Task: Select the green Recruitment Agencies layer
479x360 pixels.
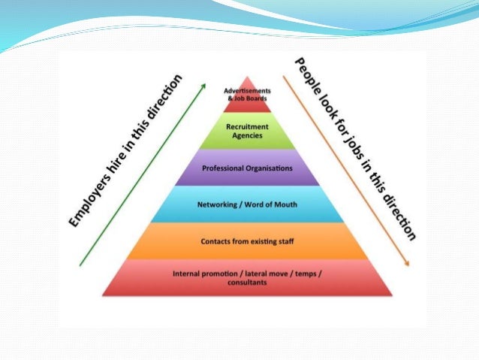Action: pyautogui.click(x=247, y=131)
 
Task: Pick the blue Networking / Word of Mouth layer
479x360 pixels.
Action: pyautogui.click(x=247, y=204)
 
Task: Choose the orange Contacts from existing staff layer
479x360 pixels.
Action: pyautogui.click(x=247, y=241)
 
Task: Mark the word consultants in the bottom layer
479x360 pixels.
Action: pyautogui.click(x=247, y=281)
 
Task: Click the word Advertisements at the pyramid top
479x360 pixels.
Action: pyautogui.click(x=247, y=91)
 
